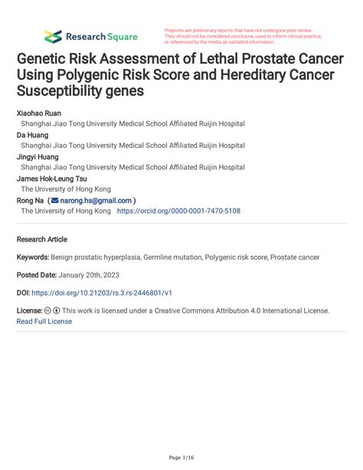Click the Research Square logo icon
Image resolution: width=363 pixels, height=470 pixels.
(53, 36)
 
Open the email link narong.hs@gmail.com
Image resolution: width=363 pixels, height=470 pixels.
(103, 199)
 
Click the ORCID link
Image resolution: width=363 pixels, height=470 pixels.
(178, 210)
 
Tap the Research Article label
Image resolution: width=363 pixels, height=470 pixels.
(42, 239)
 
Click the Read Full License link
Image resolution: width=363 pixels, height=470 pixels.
(44, 321)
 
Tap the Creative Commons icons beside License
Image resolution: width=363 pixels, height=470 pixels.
(54, 311)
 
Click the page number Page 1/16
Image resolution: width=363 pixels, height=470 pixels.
(181, 458)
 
